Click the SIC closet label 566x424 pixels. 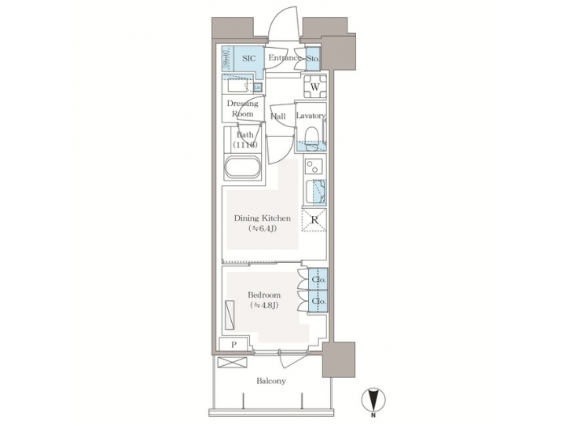[248, 58]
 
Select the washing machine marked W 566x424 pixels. [314, 88]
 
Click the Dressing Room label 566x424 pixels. [242, 108]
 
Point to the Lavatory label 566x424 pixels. [311, 116]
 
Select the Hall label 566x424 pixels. [277, 117]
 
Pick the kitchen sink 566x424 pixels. [318, 191]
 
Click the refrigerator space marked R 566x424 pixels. [314, 220]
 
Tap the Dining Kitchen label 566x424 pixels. [263, 218]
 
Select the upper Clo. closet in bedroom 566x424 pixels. [318, 280]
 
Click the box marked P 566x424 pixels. [234, 345]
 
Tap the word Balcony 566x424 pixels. [270, 382]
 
